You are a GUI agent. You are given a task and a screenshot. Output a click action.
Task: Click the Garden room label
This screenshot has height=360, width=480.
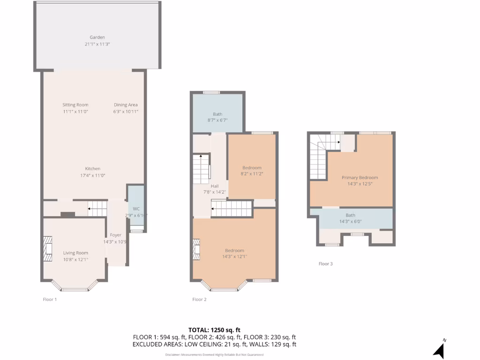pos(97,37)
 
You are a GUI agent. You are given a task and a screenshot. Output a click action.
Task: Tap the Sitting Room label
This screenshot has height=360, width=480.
pos(75,105)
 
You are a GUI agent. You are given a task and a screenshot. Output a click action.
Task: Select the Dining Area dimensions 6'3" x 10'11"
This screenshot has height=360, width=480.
pos(126,112)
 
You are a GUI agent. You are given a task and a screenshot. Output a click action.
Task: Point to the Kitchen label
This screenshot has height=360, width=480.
pos(92,169)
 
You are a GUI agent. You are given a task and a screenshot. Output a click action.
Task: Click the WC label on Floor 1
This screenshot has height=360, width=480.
pos(136,209)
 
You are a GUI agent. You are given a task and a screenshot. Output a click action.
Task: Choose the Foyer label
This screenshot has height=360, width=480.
pos(115,235)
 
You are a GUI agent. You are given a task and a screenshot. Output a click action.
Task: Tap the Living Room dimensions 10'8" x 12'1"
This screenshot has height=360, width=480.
pos(75,259)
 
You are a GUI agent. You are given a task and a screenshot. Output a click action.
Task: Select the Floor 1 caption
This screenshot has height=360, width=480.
pos(50,299)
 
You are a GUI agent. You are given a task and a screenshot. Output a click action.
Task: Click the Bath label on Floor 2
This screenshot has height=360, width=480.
pos(217,114)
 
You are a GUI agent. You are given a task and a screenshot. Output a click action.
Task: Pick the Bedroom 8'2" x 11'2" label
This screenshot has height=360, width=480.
pos(252,168)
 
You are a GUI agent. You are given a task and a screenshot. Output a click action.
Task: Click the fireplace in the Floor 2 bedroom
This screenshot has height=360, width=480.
pos(197,249)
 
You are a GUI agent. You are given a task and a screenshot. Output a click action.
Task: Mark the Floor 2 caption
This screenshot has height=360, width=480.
pos(199,299)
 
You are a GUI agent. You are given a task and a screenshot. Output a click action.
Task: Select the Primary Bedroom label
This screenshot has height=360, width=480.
pos(360,178)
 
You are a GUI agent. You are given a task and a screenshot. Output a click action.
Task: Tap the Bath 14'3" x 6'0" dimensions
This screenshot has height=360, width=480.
pos(350,222)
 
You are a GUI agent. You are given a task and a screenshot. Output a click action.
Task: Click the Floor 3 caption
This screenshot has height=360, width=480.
pos(325,264)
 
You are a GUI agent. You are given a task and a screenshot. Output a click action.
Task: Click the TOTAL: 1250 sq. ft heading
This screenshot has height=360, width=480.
pos(214,330)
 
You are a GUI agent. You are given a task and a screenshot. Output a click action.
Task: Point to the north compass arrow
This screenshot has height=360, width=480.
pos(439,350)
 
